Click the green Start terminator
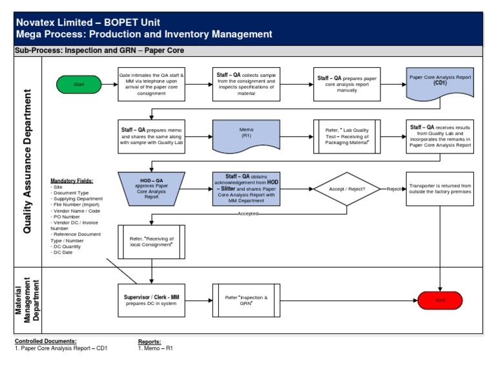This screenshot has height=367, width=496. click(79, 84)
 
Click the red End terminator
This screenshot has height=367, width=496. click(440, 300)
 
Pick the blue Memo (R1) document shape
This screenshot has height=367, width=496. click(246, 135)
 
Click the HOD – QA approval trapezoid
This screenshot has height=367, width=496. click(152, 188)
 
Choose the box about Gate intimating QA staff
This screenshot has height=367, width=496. click(152, 84)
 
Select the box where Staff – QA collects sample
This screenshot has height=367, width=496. click(246, 84)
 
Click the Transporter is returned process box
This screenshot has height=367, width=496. click(440, 188)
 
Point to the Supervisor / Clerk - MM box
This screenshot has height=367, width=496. click(152, 300)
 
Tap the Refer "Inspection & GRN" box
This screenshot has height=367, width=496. click(246, 300)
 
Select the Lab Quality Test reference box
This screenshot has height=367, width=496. click(346, 135)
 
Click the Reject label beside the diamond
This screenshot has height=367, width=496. click(394, 189)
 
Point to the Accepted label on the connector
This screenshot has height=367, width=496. click(248, 213)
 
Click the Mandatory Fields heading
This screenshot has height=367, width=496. click(72, 181)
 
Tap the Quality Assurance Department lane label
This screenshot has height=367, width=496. click(27, 161)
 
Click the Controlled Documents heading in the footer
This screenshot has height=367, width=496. click(45, 341)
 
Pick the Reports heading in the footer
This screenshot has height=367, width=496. click(149, 341)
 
